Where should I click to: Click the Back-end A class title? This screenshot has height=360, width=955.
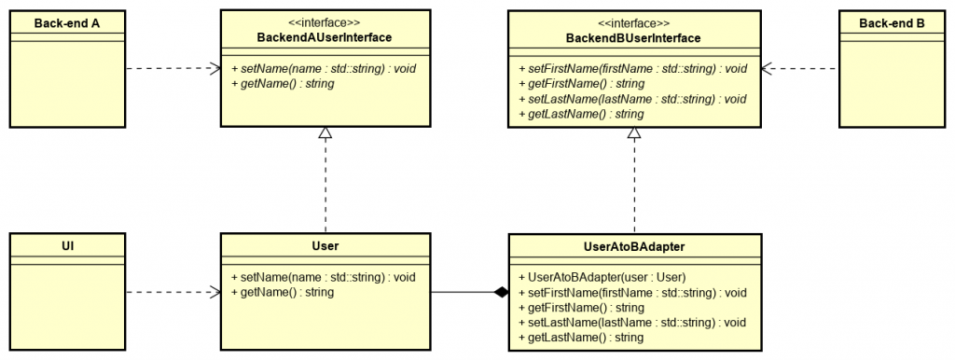[67, 22]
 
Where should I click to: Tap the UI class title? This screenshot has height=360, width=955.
[67, 246]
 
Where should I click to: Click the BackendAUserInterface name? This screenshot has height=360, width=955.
[325, 37]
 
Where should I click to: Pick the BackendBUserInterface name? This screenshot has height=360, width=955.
[633, 37]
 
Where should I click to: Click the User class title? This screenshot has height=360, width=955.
[325, 246]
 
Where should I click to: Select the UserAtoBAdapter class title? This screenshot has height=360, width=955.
[633, 246]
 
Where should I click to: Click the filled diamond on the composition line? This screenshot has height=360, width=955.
[501, 292]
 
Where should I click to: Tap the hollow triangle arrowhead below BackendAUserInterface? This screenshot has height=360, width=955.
[325, 134]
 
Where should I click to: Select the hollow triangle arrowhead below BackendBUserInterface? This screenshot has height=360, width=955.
[634, 134]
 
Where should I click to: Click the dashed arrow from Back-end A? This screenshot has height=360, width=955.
[173, 68]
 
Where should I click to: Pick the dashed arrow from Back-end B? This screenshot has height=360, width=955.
[800, 68]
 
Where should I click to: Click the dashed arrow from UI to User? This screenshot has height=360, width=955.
[173, 292]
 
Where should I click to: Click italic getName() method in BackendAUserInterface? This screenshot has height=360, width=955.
[282, 83]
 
